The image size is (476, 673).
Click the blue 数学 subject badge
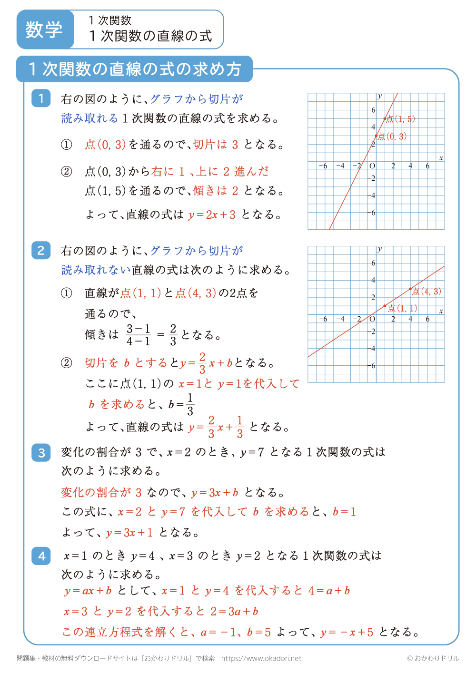[45, 29]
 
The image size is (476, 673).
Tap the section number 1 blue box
[41, 98]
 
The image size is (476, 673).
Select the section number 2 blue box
[41, 250]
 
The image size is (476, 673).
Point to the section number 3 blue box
[41, 452]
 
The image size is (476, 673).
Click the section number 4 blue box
[41, 556]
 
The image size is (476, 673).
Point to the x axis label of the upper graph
[441, 158]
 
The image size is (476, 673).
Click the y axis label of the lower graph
[379, 249]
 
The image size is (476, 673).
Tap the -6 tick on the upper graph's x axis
[323, 166]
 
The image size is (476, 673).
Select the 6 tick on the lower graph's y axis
[373, 263]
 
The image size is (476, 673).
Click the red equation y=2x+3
[212, 215]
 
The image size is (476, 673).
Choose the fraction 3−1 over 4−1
[139, 335]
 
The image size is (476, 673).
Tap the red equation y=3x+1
[129, 533]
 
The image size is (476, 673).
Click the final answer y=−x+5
[347, 633]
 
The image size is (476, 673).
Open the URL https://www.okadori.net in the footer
[261, 658]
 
